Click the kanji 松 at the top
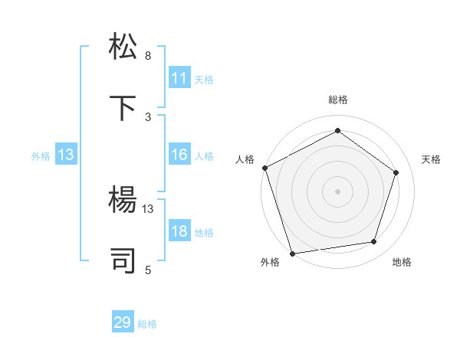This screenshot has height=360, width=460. coord(125,47)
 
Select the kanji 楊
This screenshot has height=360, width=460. coord(125,201)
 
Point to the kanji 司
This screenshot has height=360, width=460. coord(125,260)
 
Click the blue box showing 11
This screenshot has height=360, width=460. coord(179,78)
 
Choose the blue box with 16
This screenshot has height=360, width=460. coord(179,155)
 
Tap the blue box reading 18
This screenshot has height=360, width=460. coord(179,232)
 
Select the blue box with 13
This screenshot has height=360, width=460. coord(66,155)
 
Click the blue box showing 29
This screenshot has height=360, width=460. coord(123,322)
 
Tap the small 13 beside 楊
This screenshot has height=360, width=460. coord(148,208)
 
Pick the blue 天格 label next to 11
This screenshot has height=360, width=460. coord(204,79)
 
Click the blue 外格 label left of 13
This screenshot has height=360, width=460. coord(41,156)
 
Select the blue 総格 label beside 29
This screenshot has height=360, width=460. coord(147,324)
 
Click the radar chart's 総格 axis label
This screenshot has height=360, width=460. coord(337,100)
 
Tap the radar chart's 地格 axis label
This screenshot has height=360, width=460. coord(402,262)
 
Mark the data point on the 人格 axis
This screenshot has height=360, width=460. coord(264,168)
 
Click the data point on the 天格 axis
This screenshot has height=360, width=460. coord(396,172)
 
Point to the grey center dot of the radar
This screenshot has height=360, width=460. coord(337,191)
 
